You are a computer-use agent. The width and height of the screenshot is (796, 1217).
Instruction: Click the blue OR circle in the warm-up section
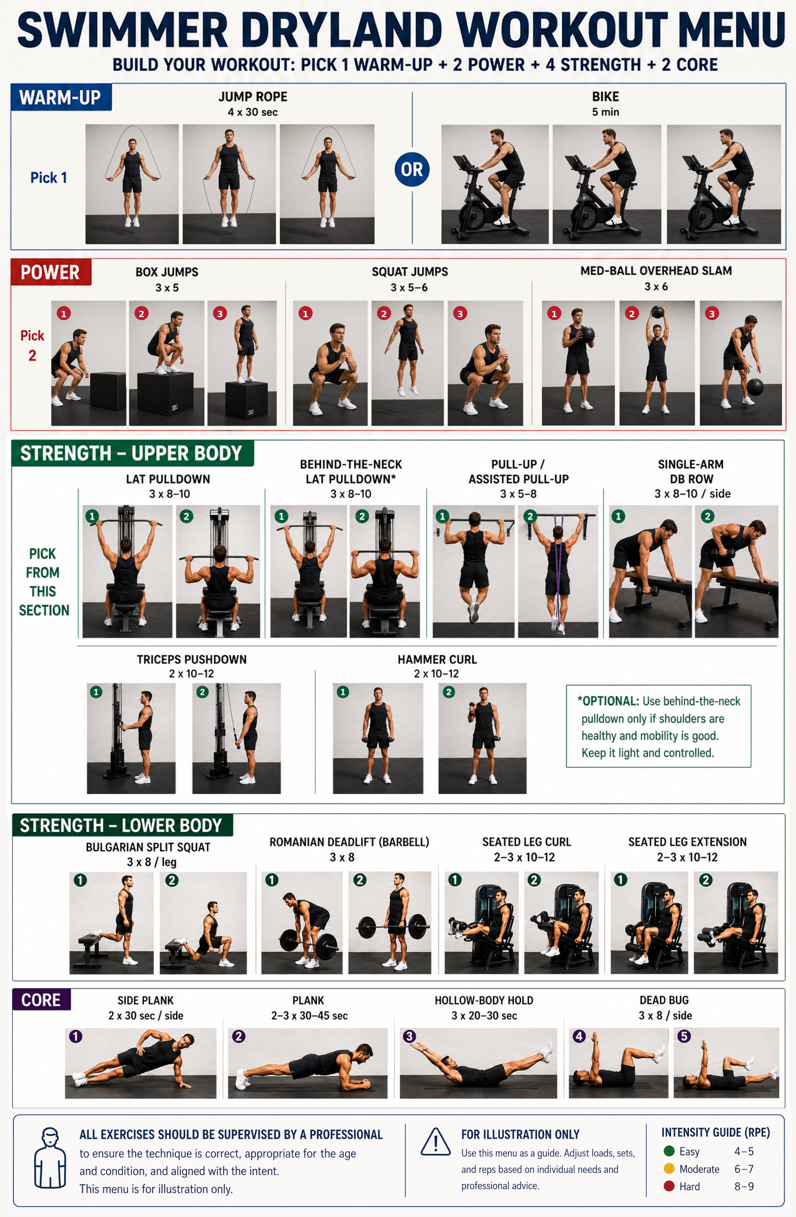412,169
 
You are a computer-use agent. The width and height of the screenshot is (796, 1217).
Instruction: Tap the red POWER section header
51,272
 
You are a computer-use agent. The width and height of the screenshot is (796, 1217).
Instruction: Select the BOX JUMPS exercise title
167,272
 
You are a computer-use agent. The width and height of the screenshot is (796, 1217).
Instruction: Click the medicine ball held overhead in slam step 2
658,312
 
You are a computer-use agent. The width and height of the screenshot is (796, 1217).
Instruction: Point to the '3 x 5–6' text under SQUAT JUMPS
409,287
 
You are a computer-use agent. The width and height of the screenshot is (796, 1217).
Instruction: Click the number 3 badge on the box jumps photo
220,313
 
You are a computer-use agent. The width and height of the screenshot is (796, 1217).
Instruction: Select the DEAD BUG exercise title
664,1000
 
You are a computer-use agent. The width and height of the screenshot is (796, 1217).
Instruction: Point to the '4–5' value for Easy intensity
744,1151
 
